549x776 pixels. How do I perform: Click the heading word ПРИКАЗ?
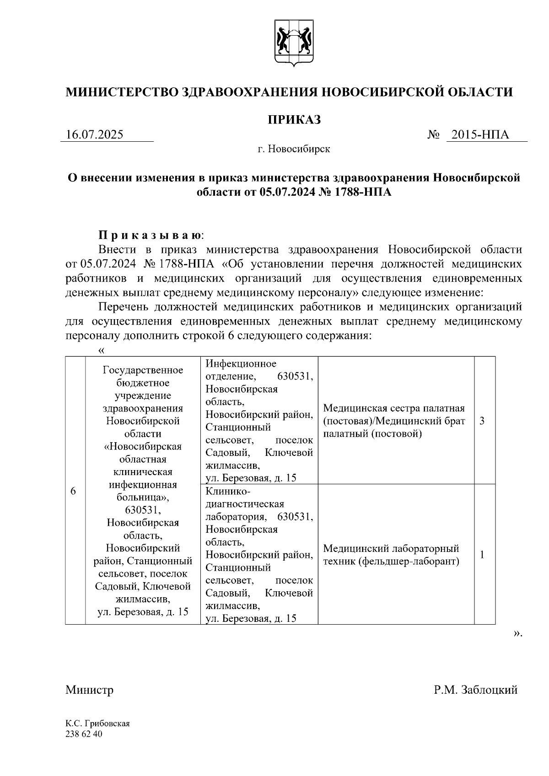(x=294, y=120)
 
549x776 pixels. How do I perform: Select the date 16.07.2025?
(x=95, y=135)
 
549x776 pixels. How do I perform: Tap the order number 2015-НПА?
(x=480, y=135)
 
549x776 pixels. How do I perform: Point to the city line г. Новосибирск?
(x=294, y=149)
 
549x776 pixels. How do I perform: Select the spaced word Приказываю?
(x=151, y=235)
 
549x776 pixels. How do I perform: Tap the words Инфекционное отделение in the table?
(x=242, y=369)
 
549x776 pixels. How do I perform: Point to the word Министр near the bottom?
(x=89, y=690)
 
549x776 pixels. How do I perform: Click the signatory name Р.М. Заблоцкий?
(x=476, y=690)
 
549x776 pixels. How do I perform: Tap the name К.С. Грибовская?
(x=97, y=724)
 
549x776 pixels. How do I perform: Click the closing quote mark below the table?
(x=517, y=633)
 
